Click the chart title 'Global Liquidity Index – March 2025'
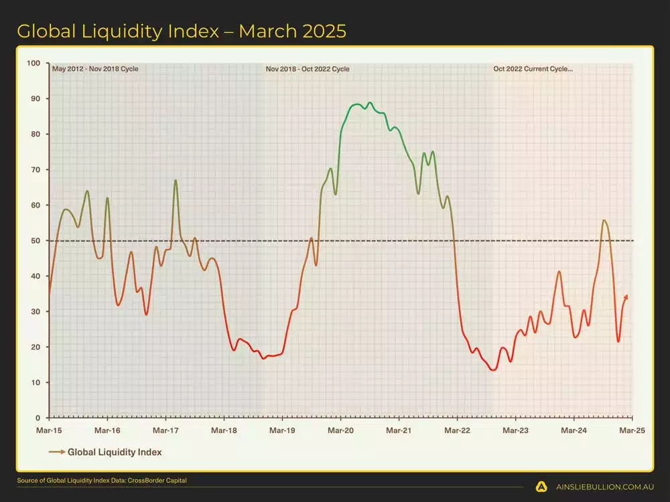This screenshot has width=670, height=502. pos(182,31)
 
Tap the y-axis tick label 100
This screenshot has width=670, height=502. pos(33,64)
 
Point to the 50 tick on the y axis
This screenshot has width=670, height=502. pos(34,241)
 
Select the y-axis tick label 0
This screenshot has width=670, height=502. pos(38,418)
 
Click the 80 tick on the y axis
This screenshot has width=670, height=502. pos(34,135)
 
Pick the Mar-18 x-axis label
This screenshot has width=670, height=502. pos(224,430)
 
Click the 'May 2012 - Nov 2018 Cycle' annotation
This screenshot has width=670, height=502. pos(95,69)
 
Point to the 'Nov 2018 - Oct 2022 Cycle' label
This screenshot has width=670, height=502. pos(308,69)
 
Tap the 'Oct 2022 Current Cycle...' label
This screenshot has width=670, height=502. pos(533,69)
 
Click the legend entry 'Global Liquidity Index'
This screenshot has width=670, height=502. pos(114,452)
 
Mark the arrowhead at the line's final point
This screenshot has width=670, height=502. pos(626,296)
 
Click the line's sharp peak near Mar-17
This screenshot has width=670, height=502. pos(176,181)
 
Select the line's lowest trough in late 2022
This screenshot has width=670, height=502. pos(494,369)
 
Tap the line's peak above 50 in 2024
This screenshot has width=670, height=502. pos(604,220)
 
